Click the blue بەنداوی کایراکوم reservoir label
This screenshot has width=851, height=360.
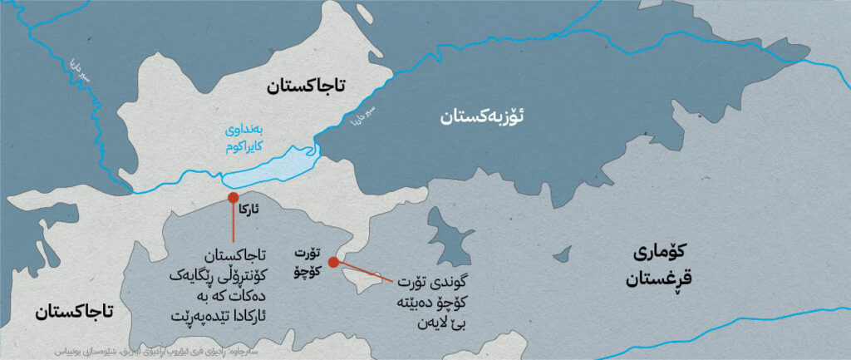point(254,136)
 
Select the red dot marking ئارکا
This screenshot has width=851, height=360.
point(234,198)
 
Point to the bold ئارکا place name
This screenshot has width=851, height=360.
point(248,211)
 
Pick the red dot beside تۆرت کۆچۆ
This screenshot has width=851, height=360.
point(333,262)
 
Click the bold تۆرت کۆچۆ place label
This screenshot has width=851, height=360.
point(306,259)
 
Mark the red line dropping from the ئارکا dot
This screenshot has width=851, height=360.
point(234,226)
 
